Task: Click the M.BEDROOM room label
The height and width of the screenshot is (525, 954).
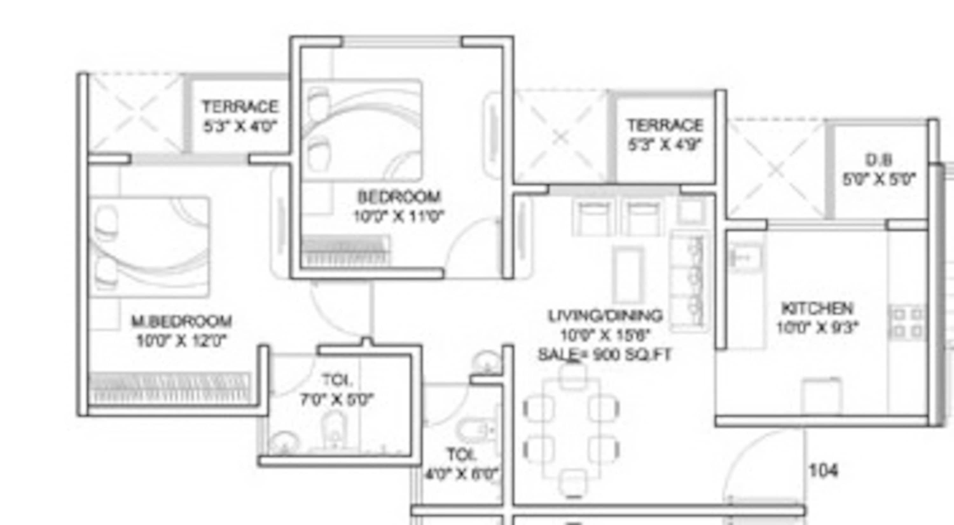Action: (x=182, y=321)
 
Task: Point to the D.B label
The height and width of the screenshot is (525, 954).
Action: (x=878, y=160)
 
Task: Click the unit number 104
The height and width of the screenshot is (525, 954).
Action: (x=823, y=471)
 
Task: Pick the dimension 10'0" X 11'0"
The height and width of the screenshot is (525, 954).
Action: (x=398, y=216)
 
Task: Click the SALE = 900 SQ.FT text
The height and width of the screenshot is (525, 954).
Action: (x=605, y=355)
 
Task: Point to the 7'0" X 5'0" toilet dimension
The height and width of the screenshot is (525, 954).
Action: (x=337, y=400)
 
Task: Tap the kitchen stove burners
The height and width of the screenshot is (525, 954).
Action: (x=908, y=322)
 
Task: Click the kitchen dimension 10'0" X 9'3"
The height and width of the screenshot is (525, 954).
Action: (x=817, y=327)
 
